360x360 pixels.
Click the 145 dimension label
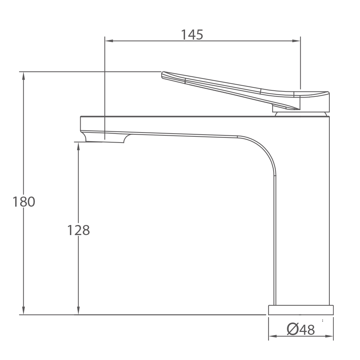192,35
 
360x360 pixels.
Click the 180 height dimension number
24,202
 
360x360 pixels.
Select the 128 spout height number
78,230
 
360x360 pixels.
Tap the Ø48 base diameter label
301,329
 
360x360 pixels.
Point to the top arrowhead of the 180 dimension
23,76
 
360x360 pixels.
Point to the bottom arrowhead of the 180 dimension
23,310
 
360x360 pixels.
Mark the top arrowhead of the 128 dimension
78,146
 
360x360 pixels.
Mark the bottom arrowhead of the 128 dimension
78,310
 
